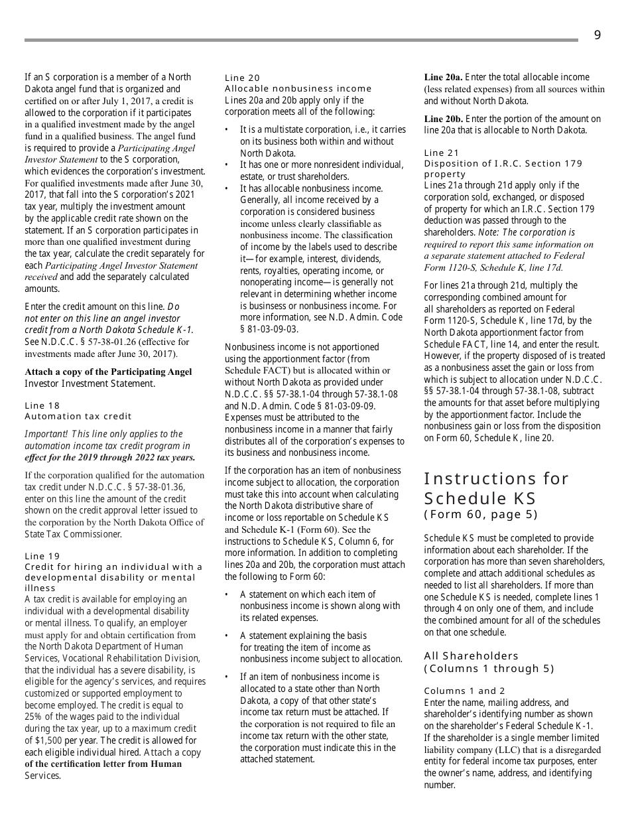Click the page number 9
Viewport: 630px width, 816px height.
coord(597,35)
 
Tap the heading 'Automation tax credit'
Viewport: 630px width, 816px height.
coord(78,416)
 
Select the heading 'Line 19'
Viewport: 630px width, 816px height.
coord(42,556)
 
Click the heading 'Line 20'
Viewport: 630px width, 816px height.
coord(243,78)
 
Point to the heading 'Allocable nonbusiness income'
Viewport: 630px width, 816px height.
coord(298,88)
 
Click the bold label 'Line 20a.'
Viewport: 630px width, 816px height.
coord(443,77)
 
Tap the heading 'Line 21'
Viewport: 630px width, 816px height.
coord(442,153)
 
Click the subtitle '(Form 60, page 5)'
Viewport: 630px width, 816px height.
coord(481,514)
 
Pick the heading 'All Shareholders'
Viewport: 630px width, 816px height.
coord(471,655)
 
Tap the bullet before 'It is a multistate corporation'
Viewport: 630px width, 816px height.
coord(227,130)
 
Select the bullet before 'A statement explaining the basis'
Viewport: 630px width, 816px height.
coord(227,636)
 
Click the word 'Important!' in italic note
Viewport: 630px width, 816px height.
coord(46,434)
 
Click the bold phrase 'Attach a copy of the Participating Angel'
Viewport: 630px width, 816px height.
coord(108,372)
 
